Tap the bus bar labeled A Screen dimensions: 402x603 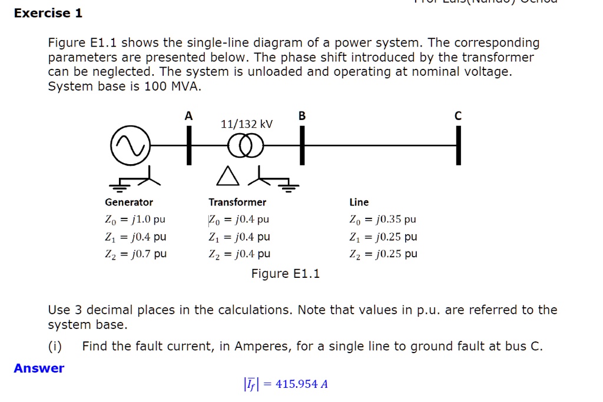pyautogui.click(x=189, y=145)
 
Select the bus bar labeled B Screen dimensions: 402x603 pyautogui.click(x=302, y=145)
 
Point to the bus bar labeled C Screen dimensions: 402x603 pyautogui.click(x=458, y=145)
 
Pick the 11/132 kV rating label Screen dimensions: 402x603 pyautogui.click(x=247, y=124)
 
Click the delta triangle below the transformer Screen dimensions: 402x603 pyautogui.click(x=227, y=175)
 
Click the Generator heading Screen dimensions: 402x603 pyautogui.click(x=129, y=202)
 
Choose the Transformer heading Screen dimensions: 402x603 pyautogui.click(x=237, y=202)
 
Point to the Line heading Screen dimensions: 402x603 pyautogui.click(x=359, y=202)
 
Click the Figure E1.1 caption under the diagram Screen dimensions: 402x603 pyautogui.click(x=286, y=274)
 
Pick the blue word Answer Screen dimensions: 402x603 pyautogui.click(x=39, y=368)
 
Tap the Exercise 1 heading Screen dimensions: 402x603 pyautogui.click(x=48, y=13)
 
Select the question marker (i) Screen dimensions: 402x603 pyautogui.click(x=55, y=347)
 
